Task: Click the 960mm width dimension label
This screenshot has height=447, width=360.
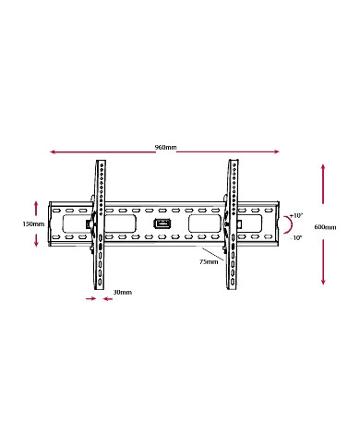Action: tap(165, 148)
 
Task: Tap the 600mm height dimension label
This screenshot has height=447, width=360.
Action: tap(324, 226)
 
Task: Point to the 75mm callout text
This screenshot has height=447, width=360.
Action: tap(209, 262)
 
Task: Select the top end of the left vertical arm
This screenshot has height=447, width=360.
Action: tap(98, 164)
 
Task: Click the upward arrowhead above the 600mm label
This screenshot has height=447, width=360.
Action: tap(323, 167)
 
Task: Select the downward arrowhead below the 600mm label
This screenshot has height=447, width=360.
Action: tap(323, 282)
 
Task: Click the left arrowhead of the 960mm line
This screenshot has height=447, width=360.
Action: tap(53, 153)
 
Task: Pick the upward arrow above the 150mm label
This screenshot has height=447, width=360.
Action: tap(36, 203)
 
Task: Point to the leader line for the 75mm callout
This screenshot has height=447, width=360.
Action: tap(211, 253)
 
